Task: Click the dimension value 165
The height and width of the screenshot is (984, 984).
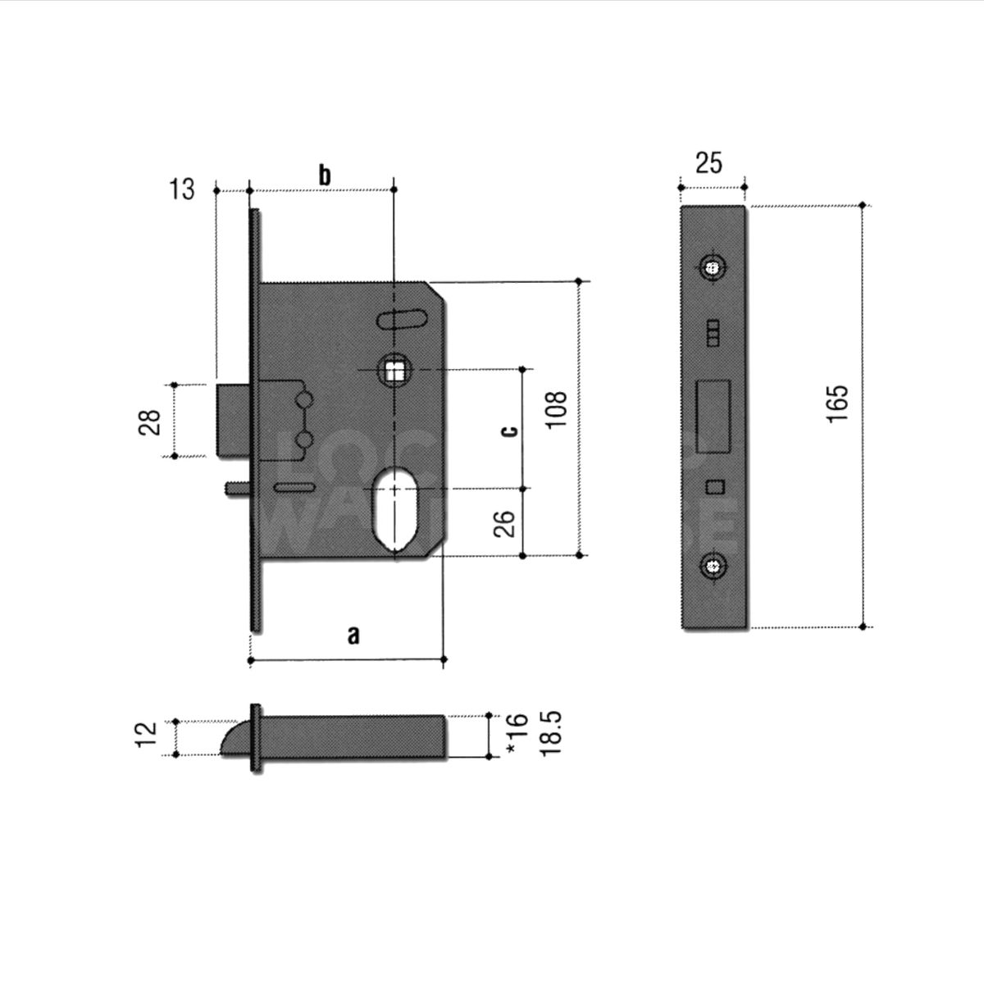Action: click(x=837, y=403)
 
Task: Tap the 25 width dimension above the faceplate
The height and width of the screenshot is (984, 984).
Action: click(x=708, y=163)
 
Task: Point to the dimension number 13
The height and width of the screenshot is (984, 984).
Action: click(x=182, y=189)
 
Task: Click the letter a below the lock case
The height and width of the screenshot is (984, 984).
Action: click(x=353, y=635)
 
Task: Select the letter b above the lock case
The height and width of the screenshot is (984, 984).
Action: click(x=325, y=175)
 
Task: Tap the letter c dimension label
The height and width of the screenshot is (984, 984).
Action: click(x=508, y=430)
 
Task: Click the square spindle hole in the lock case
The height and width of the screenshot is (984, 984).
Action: click(x=394, y=371)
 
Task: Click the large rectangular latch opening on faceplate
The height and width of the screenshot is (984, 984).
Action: click(x=713, y=416)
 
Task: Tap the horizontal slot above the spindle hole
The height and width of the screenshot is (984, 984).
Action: click(x=402, y=318)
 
